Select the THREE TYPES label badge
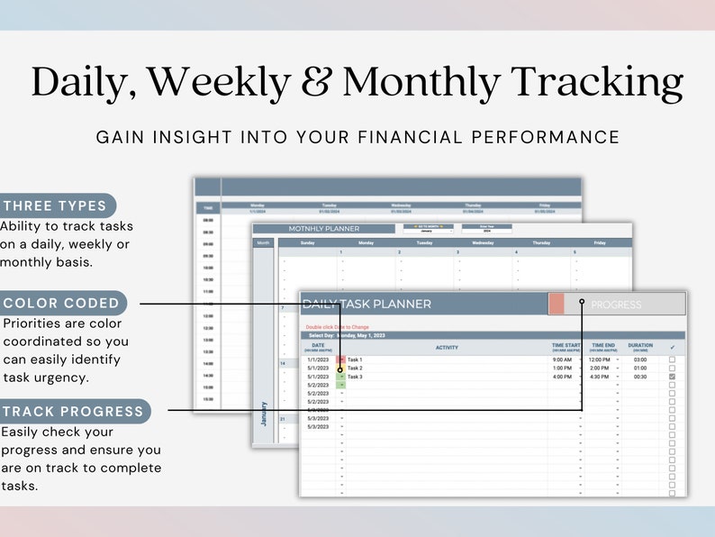[x=56, y=205]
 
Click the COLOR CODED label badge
[x=61, y=303]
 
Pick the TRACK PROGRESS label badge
[x=73, y=412]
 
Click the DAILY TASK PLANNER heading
[x=367, y=305]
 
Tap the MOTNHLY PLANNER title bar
[x=324, y=229]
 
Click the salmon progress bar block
[x=557, y=305]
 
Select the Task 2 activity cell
[x=356, y=369]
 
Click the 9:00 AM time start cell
[x=562, y=360]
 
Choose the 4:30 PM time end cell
[x=601, y=377]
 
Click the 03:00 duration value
[x=639, y=360]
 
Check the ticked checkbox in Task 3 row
[x=672, y=377]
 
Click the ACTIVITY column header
[x=447, y=347]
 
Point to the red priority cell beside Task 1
[x=340, y=360]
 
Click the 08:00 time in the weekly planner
[x=207, y=219]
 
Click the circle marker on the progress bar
[x=583, y=303]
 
